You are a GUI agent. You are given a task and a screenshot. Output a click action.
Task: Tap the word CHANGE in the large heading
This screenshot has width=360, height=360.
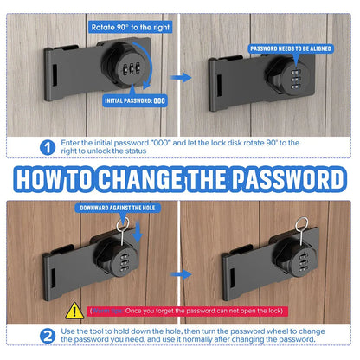click(x=151, y=179)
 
